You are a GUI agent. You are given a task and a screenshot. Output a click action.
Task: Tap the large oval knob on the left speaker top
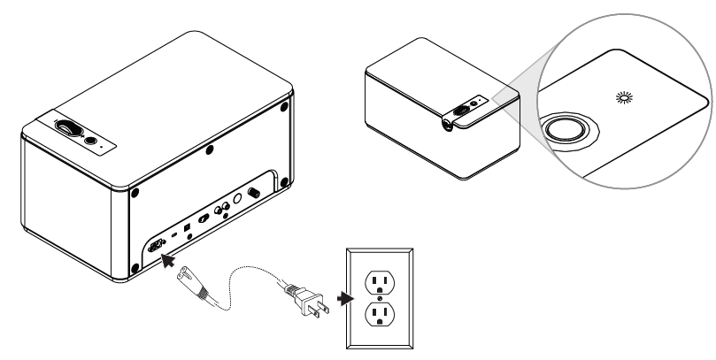click(68, 128)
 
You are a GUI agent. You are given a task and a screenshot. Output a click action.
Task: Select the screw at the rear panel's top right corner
click(283, 107)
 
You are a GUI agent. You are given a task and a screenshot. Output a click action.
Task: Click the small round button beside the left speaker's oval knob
click(89, 138)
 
